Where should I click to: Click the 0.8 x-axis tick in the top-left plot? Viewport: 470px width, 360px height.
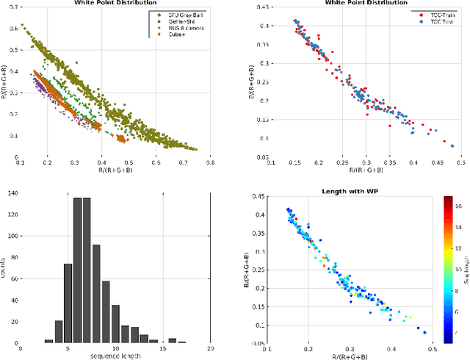pos(210,163)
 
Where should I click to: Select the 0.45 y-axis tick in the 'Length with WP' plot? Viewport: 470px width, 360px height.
pos(258,196)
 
